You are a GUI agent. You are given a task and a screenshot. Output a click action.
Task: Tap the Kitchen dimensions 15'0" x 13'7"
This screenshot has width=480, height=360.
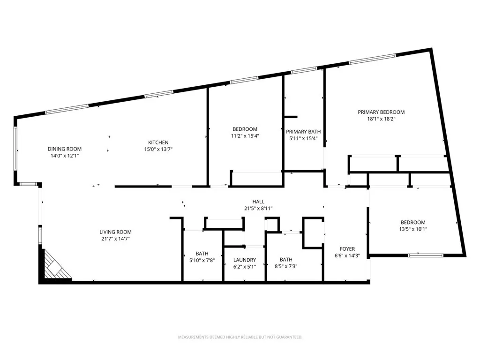(x=158, y=149)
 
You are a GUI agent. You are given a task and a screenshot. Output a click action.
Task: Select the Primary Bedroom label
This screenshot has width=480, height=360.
(x=381, y=112)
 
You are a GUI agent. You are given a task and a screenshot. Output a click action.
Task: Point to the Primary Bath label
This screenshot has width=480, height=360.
(x=303, y=132)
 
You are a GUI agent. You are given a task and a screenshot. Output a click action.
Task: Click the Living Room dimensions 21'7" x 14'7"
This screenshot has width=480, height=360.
(x=115, y=239)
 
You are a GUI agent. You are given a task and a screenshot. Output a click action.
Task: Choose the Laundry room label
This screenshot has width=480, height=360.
(x=245, y=260)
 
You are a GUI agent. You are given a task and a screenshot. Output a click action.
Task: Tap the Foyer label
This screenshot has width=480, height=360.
(x=347, y=249)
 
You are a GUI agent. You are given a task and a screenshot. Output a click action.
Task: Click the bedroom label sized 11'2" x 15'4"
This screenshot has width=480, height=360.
(x=245, y=129)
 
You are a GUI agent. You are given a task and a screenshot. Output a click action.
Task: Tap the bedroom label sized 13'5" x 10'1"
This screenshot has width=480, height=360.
(x=413, y=222)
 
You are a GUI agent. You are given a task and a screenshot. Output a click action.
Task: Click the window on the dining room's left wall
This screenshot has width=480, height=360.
(x=15, y=149)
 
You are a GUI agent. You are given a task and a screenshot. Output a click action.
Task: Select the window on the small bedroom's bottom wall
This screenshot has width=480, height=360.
(x=426, y=255)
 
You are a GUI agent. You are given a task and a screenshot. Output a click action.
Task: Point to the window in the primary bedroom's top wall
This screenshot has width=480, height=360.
(x=372, y=59)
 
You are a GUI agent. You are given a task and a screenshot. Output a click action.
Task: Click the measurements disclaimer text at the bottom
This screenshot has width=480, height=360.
(x=240, y=337)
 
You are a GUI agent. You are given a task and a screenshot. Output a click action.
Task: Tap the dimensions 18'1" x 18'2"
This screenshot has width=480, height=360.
(x=381, y=119)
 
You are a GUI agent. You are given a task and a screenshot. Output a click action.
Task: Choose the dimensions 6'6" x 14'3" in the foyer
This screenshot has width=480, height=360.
(x=347, y=256)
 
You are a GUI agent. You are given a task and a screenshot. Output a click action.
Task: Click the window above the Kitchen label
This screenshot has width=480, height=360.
(x=159, y=95)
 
